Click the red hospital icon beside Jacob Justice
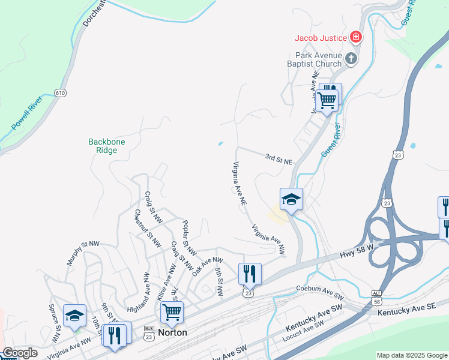pos(356,38)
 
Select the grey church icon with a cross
pos(351,58)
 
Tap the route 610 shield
pos(60,93)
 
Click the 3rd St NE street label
pos(279,160)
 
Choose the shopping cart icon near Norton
pos(172,312)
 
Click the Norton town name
pos(172,332)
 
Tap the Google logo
pos(20,353)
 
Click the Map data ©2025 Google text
pos(411,355)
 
